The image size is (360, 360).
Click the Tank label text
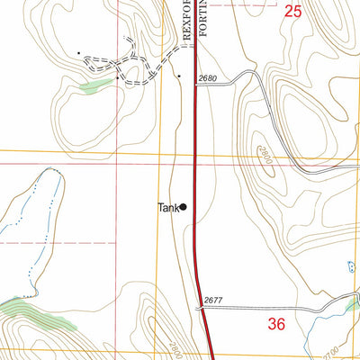pos(167,207)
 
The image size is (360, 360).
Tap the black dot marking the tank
pos(184,207)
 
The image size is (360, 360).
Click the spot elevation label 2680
pos(209,79)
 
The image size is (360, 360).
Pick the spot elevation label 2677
pos(212,301)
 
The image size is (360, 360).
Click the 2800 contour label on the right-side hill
pos(262,152)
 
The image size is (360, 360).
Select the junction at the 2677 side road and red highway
pos(203,308)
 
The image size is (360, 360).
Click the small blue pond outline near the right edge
pos(351,265)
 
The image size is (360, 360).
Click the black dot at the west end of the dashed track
pos(79,52)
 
